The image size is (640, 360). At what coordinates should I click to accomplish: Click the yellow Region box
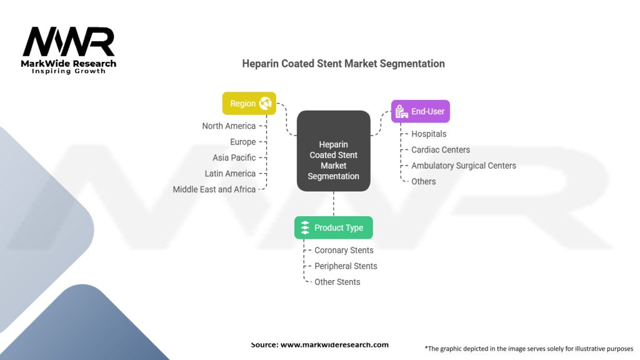pyautogui.click(x=249, y=104)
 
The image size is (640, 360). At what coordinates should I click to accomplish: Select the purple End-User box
pyautogui.click(x=420, y=111)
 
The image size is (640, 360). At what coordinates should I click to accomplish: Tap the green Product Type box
pyautogui.click(x=333, y=227)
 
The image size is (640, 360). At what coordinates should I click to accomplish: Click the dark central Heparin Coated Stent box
pyautogui.click(x=333, y=151)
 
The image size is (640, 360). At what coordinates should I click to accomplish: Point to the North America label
pyautogui.click(x=229, y=126)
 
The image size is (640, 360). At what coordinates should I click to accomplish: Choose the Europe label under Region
pyautogui.click(x=242, y=142)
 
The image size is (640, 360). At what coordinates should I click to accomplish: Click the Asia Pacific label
pyautogui.click(x=234, y=157)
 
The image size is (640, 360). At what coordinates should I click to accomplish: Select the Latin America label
pyautogui.click(x=230, y=173)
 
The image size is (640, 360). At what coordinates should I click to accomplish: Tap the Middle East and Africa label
pyautogui.click(x=214, y=189)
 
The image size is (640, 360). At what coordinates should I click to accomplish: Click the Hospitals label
pyautogui.click(x=429, y=134)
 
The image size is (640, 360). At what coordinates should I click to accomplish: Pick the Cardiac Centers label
pyautogui.click(x=441, y=150)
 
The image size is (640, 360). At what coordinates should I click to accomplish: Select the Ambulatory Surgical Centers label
pyautogui.click(x=464, y=166)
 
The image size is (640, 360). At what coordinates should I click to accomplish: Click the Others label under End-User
pyautogui.click(x=424, y=181)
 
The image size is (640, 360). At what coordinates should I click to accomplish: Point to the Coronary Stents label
pyautogui.click(x=344, y=250)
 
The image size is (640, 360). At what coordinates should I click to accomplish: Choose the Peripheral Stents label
pyautogui.click(x=346, y=266)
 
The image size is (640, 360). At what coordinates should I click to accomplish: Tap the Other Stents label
pyautogui.click(x=337, y=282)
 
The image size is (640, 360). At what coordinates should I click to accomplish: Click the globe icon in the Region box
pyautogui.click(x=265, y=104)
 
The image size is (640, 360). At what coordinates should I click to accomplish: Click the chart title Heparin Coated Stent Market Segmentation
pyautogui.click(x=343, y=64)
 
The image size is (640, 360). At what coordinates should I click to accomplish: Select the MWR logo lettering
pyautogui.click(x=69, y=42)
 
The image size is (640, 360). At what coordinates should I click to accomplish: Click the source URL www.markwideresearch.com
pyautogui.click(x=334, y=344)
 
